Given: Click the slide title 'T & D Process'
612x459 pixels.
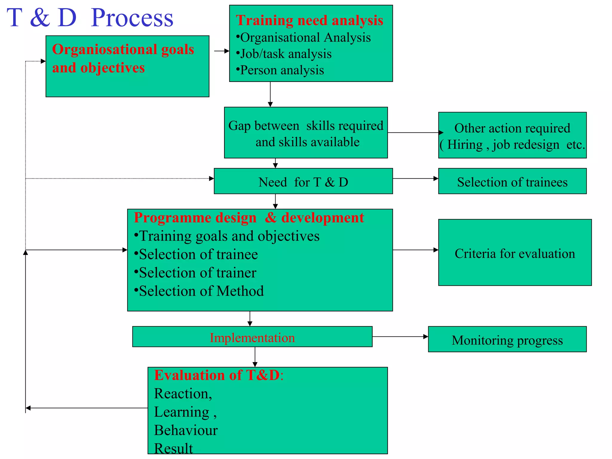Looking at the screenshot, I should tap(90, 18).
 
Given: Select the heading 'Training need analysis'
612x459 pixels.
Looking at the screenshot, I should tap(309, 20).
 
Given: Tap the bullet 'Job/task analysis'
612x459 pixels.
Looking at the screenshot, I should tap(285, 54).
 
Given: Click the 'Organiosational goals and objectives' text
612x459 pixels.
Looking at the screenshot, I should tap(123, 59).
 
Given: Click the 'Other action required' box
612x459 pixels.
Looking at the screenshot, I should tap(512, 135).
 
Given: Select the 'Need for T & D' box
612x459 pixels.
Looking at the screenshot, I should tap(303, 182).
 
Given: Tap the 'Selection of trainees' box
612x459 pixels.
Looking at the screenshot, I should tap(512, 182).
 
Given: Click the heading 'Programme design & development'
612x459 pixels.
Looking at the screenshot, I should tap(249, 218).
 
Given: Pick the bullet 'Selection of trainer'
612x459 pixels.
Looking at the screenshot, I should tap(198, 273).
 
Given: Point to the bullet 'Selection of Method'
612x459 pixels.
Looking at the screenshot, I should tap(201, 291).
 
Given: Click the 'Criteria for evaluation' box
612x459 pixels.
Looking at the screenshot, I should tap(515, 253).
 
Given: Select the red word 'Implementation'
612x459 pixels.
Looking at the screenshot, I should tap(252, 338).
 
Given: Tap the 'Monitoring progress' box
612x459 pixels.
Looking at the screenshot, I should tap(507, 340).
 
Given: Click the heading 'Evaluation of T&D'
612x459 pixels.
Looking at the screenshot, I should tap(218, 375).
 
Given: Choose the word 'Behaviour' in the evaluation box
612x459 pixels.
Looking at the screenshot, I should tap(186, 430).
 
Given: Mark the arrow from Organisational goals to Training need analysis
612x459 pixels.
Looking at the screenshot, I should tap(221, 51).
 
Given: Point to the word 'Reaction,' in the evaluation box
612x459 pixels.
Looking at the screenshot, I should tap(183, 394).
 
